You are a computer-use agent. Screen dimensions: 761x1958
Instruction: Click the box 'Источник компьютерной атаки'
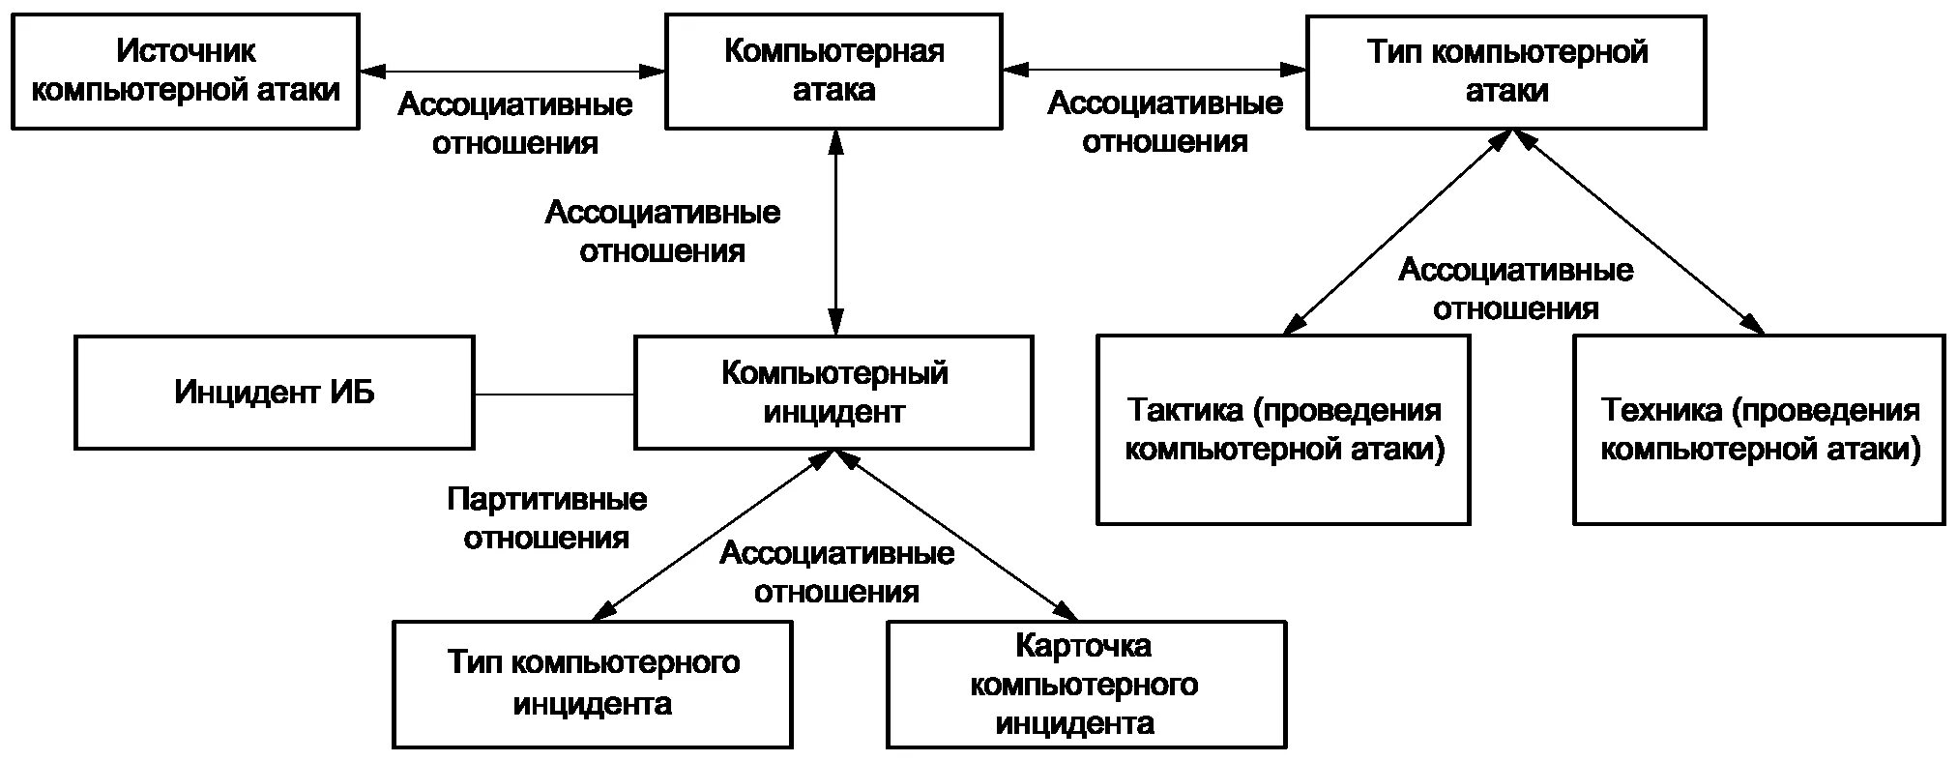(185, 71)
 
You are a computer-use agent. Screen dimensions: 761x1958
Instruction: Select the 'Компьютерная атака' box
(833, 71)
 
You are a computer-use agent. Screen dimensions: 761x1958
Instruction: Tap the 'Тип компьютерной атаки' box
(1505, 71)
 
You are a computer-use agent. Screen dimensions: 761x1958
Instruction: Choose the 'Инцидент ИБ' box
(274, 393)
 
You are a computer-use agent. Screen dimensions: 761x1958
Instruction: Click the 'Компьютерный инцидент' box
(833, 393)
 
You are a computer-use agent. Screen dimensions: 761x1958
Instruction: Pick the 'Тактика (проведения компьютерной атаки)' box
(1283, 429)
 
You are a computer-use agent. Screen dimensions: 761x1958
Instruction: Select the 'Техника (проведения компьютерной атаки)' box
(1759, 429)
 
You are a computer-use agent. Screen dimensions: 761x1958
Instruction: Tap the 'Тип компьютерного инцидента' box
(592, 684)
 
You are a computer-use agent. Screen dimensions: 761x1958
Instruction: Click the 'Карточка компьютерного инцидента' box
(1086, 684)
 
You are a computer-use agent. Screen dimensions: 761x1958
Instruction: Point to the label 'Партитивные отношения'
(546, 519)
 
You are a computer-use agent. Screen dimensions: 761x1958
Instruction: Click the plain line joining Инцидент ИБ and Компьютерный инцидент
(553, 395)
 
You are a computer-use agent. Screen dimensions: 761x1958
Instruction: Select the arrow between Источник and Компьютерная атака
(512, 71)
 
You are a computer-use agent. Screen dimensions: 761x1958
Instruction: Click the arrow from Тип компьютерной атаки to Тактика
(1397, 232)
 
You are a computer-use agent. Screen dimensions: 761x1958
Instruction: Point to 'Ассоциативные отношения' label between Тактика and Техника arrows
(1515, 289)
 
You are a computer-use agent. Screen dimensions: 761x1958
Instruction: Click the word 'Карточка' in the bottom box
(1083, 645)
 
